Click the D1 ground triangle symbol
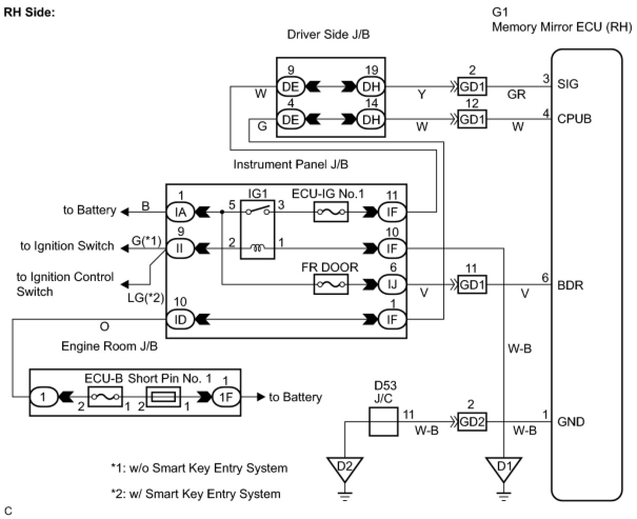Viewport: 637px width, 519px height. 504,468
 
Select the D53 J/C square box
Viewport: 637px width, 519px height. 383,422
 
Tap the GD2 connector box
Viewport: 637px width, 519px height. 472,422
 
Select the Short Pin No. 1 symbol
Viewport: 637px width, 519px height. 163,397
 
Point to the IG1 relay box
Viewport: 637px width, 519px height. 257,229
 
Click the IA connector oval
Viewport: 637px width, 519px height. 181,212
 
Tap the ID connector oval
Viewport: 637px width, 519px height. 180,319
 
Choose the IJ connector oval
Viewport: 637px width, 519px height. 392,285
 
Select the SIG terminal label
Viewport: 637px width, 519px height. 568,84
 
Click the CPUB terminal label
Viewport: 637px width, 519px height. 574,118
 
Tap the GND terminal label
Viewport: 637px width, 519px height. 571,422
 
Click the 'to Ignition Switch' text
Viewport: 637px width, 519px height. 67,246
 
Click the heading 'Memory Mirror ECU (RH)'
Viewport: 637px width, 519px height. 562,27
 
